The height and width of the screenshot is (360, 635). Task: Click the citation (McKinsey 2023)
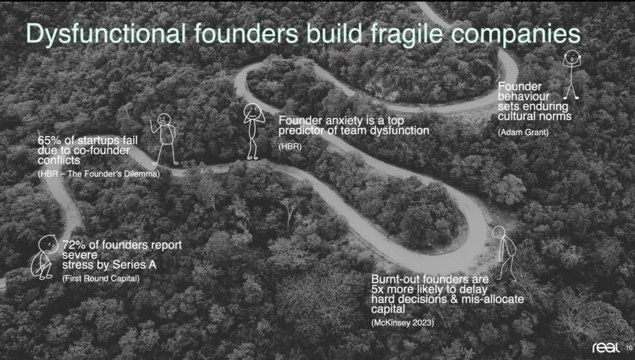[403, 322]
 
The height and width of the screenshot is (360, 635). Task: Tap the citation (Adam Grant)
[523, 132]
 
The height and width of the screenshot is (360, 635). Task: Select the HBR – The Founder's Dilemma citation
[99, 174]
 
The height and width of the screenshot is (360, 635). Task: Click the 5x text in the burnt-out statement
[377, 289]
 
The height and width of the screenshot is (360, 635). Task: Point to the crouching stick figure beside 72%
[46, 257]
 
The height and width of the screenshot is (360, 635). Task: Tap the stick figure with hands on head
[571, 74]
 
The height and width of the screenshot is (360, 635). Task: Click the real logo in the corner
[606, 347]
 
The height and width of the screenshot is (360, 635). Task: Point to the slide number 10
[628, 348]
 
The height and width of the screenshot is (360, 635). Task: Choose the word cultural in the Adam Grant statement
[518, 116]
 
